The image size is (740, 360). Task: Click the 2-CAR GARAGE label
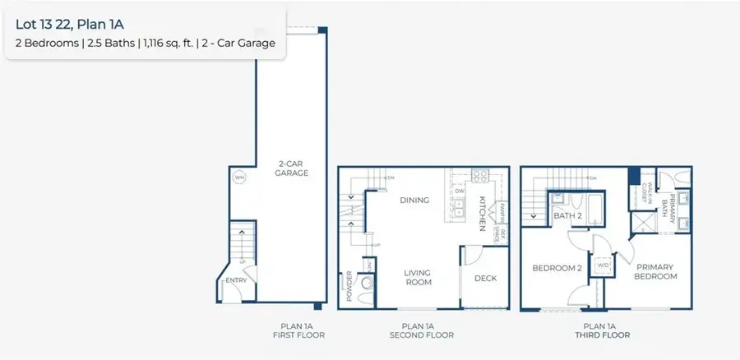[292, 168]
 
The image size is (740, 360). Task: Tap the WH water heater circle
[239, 178]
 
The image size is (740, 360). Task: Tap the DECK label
[486, 279]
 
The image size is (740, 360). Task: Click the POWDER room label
[349, 285]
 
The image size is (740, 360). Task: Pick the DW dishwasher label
[459, 192]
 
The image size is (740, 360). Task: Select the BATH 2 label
[567, 216]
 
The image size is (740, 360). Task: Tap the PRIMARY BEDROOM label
[655, 272]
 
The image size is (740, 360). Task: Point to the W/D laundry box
[603, 265]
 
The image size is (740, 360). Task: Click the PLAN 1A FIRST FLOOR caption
[298, 330]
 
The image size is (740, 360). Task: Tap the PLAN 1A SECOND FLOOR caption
[422, 330]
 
